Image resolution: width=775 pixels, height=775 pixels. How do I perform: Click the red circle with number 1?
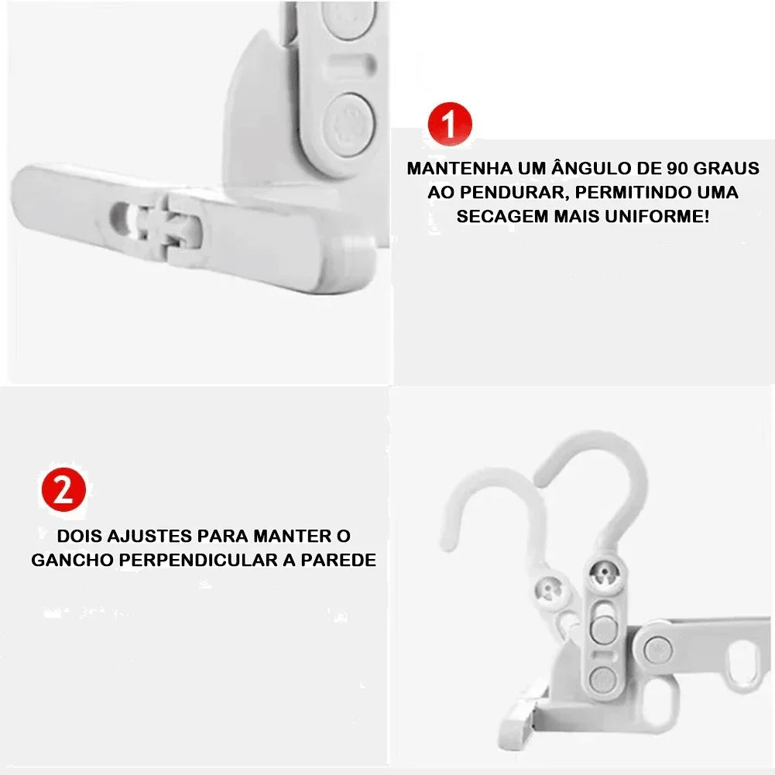coord(450,124)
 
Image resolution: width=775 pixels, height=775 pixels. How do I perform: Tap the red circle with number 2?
coord(63,490)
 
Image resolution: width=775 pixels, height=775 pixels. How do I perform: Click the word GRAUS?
coord(725,168)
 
